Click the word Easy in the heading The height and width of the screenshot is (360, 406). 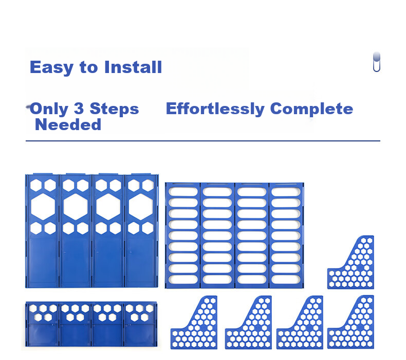pyautogui.click(x=52, y=67)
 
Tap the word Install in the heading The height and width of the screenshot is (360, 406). pyautogui.click(x=133, y=67)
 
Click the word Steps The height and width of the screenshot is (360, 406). pyautogui.click(x=114, y=109)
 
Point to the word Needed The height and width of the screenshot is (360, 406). pyautogui.click(x=68, y=124)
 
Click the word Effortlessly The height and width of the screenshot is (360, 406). pyautogui.click(x=215, y=109)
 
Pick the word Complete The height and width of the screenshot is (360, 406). pyautogui.click(x=311, y=109)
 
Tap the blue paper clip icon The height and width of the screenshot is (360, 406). pyautogui.click(x=377, y=62)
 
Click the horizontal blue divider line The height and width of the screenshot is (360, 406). pyautogui.click(x=203, y=141)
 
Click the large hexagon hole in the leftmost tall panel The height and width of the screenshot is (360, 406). pyautogui.click(x=43, y=207)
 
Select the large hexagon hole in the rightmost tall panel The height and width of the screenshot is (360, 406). pyautogui.click(x=141, y=207)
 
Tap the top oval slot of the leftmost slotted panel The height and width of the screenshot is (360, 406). pyautogui.click(x=183, y=192)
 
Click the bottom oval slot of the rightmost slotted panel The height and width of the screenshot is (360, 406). pyautogui.click(x=286, y=279)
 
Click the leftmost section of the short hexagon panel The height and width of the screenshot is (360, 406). pyautogui.click(x=43, y=324)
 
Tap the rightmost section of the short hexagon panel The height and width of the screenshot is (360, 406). pyautogui.click(x=141, y=324)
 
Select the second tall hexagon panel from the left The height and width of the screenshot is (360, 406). pyautogui.click(x=76, y=231)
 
